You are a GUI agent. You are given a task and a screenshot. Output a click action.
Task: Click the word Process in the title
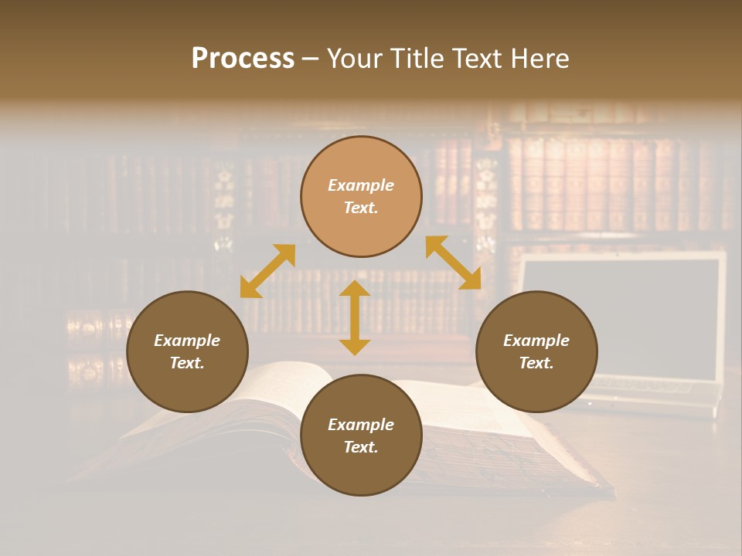point(243,59)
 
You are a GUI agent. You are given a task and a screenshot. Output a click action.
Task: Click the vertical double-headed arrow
point(355,317)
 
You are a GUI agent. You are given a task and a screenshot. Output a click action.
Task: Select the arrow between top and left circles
point(267,271)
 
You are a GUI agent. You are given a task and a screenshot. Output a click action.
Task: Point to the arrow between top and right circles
point(453,263)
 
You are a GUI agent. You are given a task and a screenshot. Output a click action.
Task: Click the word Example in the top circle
point(361,185)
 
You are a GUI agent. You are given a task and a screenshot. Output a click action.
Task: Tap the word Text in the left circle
point(187,363)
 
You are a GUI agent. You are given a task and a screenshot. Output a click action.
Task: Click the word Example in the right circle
point(536,341)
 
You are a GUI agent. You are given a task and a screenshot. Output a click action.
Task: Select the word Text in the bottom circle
point(361,447)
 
